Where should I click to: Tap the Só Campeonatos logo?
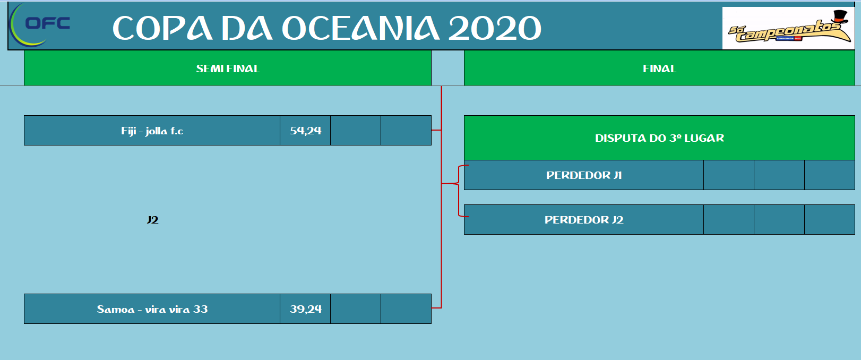click(788, 28)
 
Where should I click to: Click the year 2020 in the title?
click(495, 28)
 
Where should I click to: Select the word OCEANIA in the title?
click(360, 28)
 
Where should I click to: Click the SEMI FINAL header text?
click(228, 68)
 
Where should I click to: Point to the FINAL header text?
click(660, 68)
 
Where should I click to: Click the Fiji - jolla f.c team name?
click(152, 131)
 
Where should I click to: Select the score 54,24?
click(306, 131)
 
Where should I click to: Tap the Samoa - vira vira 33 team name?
click(152, 309)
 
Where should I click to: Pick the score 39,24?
click(306, 309)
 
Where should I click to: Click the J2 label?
click(152, 220)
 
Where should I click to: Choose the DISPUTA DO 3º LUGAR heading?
click(660, 138)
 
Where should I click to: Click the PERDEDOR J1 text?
click(584, 175)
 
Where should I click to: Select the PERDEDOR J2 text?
click(584, 220)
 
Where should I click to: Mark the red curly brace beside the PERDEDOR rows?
click(459, 191)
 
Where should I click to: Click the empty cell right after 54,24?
click(356, 131)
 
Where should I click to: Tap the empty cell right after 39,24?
click(356, 309)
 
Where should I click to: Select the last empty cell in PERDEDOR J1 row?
click(830, 175)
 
